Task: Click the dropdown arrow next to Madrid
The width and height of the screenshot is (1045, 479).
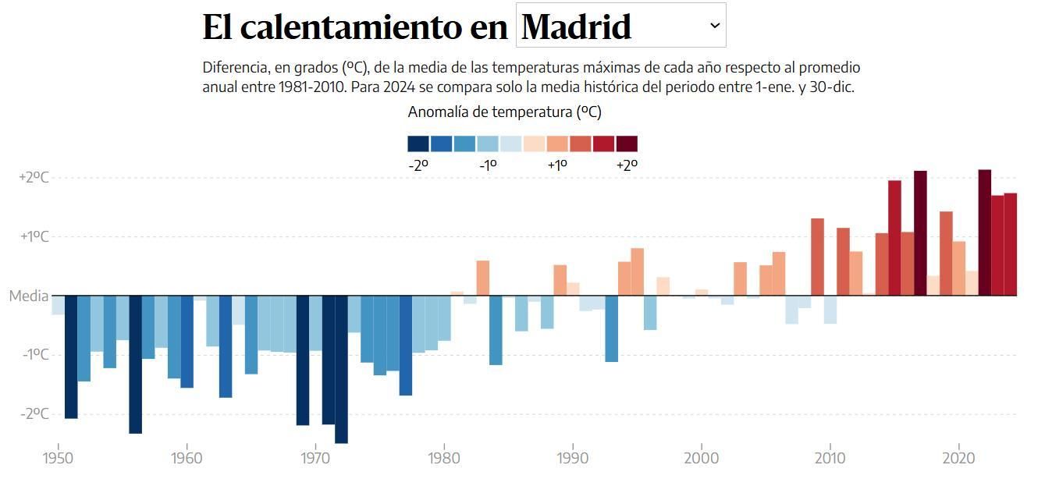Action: (715, 26)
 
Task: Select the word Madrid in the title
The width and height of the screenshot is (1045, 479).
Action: (576, 27)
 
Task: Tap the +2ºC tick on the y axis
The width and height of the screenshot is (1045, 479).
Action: (34, 177)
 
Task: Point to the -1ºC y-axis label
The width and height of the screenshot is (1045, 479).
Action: (34, 354)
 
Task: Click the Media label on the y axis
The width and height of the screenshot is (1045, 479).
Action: (29, 296)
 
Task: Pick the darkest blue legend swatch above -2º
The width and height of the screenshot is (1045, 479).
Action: (418, 144)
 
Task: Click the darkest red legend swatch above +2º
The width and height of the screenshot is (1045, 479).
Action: (627, 144)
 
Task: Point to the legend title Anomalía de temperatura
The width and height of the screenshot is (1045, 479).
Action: (504, 112)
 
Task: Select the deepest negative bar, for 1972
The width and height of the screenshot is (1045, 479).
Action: (341, 369)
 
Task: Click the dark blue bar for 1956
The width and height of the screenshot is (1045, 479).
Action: (135, 364)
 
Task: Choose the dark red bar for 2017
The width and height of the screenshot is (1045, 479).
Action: (920, 233)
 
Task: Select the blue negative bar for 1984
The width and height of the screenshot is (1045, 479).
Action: (496, 330)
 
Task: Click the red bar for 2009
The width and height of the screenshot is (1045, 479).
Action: (817, 257)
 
